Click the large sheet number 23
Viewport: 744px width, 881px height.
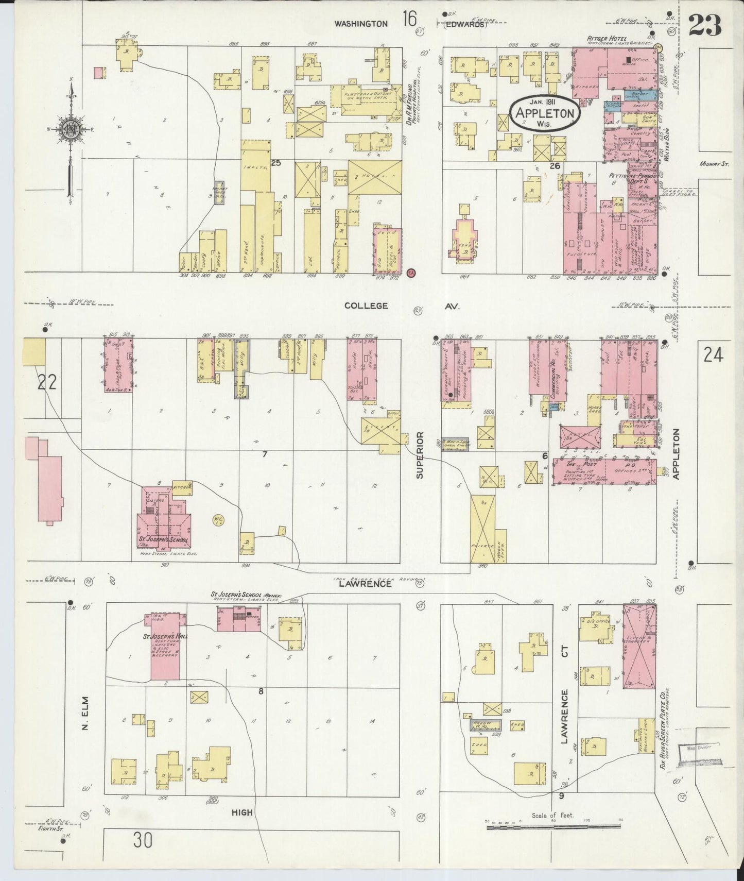click(705, 25)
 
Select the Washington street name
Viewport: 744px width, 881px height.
click(360, 23)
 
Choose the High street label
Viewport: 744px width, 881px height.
click(242, 812)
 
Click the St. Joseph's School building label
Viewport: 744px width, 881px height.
click(164, 541)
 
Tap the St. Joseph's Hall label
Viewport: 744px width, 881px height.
click(165, 636)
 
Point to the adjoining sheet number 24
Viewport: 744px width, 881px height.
click(713, 355)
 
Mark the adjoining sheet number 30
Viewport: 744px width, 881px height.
click(143, 841)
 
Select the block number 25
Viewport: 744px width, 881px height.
click(275, 163)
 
